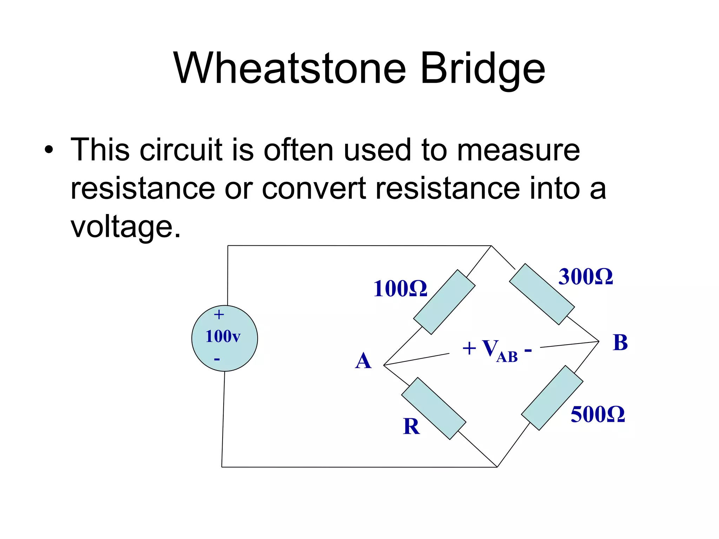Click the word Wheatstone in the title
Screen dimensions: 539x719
tap(290, 68)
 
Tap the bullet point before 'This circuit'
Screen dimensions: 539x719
tap(49, 150)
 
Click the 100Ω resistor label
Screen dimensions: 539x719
tap(400, 289)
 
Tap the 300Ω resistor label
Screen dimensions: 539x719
tap(586, 277)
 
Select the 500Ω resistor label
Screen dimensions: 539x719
tap(598, 414)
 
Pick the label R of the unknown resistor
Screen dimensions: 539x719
tap(411, 427)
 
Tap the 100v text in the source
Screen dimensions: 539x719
tap(223, 336)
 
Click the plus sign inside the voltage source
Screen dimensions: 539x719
tap(219, 314)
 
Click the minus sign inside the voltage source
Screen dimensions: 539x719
tap(217, 359)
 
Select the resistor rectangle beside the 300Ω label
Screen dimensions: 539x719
tap(542, 294)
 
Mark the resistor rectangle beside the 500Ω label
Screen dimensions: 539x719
tap(552, 398)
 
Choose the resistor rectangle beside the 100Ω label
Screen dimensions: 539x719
tap(444, 302)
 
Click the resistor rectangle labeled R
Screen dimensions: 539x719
tap(434, 408)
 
